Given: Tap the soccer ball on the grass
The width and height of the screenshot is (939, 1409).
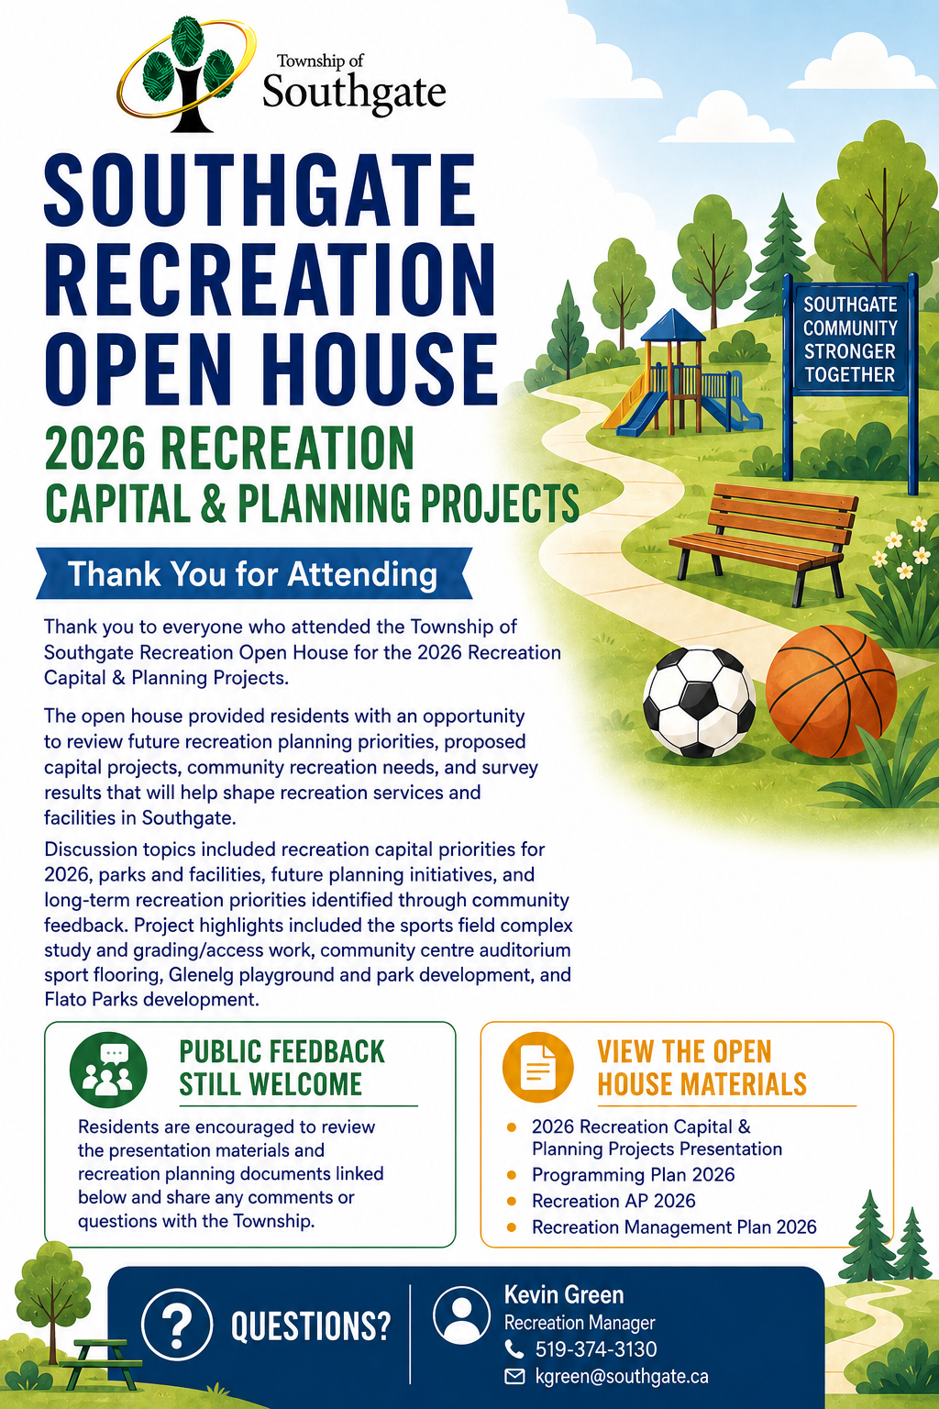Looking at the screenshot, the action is [x=700, y=702].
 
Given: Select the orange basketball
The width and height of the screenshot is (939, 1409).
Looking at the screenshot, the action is [x=831, y=692].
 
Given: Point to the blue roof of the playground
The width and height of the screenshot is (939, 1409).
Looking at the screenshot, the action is [x=672, y=326].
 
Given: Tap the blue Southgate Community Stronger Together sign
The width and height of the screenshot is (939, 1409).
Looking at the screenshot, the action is [x=850, y=339].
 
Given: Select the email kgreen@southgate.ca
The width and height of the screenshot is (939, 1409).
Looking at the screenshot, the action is [x=622, y=1376].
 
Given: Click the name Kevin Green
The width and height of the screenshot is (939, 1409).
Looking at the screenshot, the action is [x=564, y=1294].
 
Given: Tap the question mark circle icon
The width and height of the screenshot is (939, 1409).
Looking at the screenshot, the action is [x=177, y=1324].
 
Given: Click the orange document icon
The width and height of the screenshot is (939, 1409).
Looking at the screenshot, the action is [x=537, y=1067].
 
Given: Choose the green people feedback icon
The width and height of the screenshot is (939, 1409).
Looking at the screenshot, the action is [x=108, y=1070].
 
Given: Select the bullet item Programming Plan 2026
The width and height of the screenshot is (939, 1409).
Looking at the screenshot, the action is [x=633, y=1175].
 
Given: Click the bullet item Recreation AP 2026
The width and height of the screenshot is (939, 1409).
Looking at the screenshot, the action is [x=613, y=1201].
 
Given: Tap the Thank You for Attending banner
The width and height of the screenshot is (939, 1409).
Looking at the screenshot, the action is [x=254, y=573].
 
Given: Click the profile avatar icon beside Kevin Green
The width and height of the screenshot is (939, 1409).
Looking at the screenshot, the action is [x=461, y=1315].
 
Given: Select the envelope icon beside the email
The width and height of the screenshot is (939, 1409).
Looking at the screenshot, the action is [x=514, y=1377].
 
